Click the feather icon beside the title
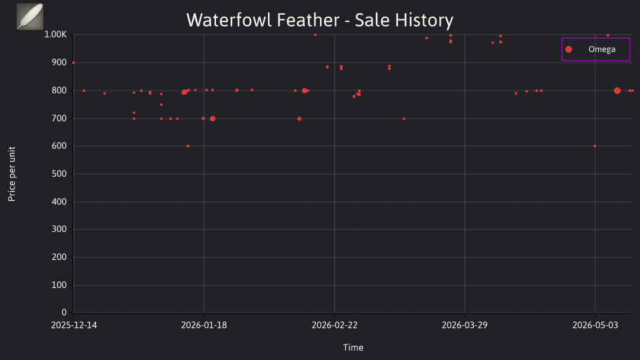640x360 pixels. tap(30, 16)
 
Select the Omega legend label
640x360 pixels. tap(601, 49)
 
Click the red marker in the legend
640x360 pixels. tap(569, 49)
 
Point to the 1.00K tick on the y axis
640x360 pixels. tap(55, 34)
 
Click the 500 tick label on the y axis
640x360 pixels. tap(59, 173)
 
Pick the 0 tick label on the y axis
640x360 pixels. tap(64, 312)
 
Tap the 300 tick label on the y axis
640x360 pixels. tap(59, 229)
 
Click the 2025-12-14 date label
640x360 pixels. tap(74, 325)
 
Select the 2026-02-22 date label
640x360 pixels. tap(334, 325)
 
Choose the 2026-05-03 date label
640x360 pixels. tap(595, 325)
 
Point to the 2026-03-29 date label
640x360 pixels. tap(465, 325)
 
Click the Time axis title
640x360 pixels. tap(353, 347)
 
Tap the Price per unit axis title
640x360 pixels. tap(12, 174)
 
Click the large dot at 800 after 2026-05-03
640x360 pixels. tap(617, 91)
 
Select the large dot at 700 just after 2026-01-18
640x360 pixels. tap(213, 119)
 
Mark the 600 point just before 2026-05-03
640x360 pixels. tap(595, 146)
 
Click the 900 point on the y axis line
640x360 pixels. tap(73, 63)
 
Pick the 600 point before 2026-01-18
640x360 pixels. tap(188, 146)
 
